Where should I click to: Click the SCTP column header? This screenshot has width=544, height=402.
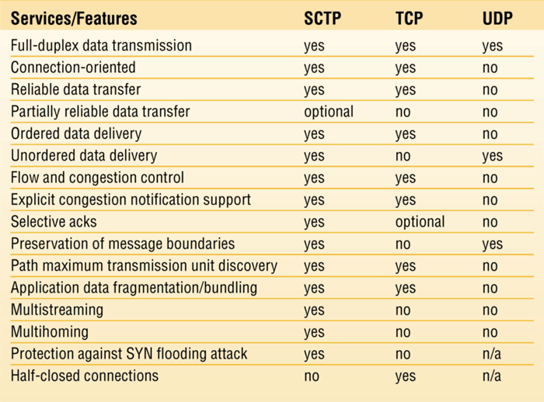point(323,19)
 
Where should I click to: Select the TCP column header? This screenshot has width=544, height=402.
point(409,19)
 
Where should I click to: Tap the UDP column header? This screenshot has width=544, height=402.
point(497,19)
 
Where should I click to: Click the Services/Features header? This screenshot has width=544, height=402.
point(74,19)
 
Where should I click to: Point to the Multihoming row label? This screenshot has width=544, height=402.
point(50,332)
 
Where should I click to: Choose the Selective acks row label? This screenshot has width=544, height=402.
point(54,222)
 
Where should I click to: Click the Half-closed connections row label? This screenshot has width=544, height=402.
point(85,376)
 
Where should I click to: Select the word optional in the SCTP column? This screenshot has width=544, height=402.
point(329,113)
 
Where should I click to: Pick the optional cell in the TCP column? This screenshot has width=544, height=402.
point(420,222)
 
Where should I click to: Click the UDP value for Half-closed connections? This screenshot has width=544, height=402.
point(492,376)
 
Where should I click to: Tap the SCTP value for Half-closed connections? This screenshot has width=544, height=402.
point(312,376)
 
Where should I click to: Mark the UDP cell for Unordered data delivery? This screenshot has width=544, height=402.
point(492,157)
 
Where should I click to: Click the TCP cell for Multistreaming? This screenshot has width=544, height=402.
point(403,310)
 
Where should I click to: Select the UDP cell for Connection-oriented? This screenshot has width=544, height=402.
point(490,68)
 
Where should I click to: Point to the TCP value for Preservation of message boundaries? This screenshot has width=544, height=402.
point(403,244)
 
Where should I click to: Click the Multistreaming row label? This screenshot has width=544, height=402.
point(57,310)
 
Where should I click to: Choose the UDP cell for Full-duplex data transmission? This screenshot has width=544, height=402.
point(492,47)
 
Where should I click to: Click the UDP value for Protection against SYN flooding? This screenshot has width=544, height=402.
point(492,354)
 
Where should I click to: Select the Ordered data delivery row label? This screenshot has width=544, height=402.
point(76,134)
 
